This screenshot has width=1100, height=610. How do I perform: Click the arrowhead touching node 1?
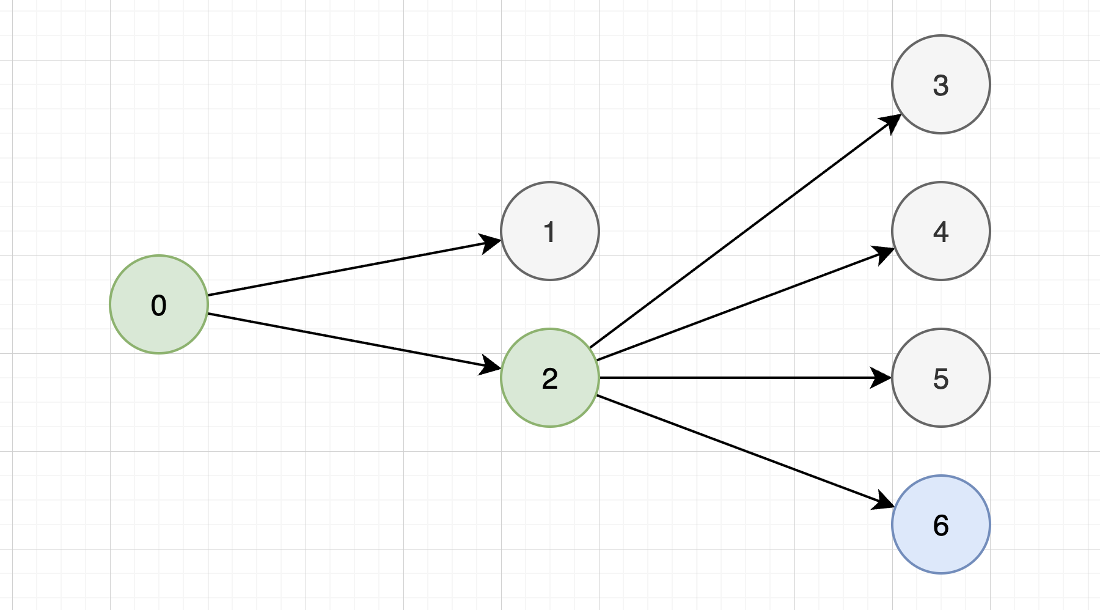coord(491,242)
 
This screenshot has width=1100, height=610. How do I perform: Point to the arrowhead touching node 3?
coord(891,122)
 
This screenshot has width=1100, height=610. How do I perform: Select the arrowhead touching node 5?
coord(882,378)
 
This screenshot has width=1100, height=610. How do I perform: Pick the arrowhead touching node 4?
coord(884,252)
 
